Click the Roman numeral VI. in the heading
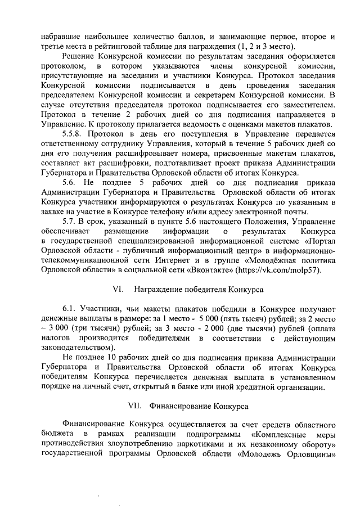pos(118,290)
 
